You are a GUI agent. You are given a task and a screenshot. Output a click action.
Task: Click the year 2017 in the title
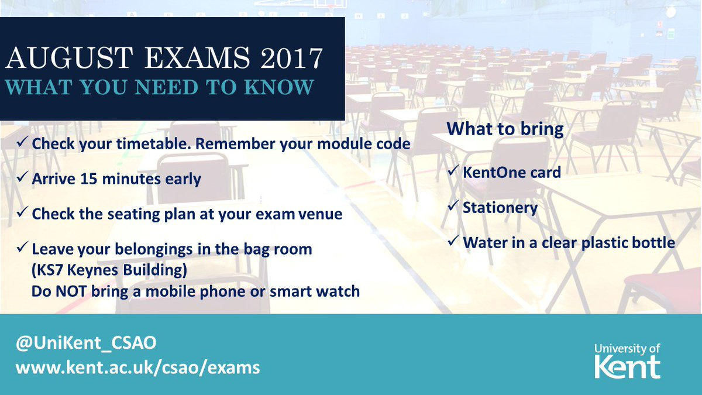291,58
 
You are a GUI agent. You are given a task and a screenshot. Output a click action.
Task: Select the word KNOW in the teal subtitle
278,87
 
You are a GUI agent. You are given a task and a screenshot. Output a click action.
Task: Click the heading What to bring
505,129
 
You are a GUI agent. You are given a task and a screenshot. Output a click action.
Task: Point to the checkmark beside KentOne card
453,170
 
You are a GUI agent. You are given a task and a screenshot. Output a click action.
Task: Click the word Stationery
500,208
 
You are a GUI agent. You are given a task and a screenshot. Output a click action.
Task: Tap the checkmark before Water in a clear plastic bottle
453,241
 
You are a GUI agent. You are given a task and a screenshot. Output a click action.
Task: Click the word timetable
153,144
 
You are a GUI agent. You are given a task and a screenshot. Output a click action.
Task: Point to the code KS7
47,270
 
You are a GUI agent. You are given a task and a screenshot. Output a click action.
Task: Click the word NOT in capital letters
71,291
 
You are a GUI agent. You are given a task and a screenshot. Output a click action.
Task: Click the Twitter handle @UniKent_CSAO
86,343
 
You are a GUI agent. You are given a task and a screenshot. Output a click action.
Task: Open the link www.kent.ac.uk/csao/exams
138,367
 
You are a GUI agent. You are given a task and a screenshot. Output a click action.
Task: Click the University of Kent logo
627,361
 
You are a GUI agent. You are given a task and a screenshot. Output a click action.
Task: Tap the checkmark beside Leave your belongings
22,247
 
